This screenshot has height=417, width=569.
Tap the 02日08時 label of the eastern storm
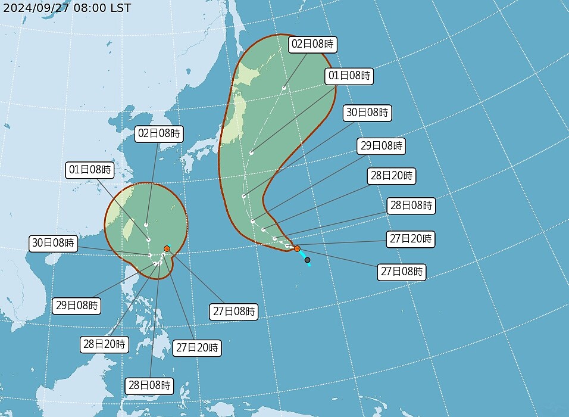click(x=313, y=43)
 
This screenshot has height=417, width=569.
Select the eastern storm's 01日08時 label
click(x=349, y=76)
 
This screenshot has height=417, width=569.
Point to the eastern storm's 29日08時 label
click(x=380, y=145)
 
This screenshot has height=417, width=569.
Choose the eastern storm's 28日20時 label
click(x=392, y=176)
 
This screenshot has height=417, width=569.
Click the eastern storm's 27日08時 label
click(x=402, y=272)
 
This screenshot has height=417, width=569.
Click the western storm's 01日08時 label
click(x=89, y=170)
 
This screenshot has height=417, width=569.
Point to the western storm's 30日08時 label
click(x=54, y=243)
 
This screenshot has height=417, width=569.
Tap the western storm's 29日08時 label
click(x=76, y=306)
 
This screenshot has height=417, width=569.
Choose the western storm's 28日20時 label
click(x=105, y=344)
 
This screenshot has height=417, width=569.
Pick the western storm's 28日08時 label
click(x=149, y=385)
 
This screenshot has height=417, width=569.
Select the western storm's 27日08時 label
click(x=235, y=311)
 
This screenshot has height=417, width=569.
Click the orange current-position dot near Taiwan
click(x=167, y=248)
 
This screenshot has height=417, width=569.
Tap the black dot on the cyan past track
click(x=307, y=260)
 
